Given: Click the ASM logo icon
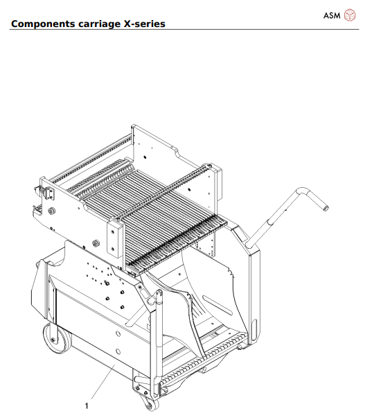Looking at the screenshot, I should (x=351, y=15).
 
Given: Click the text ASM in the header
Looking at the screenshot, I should (x=332, y=15).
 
